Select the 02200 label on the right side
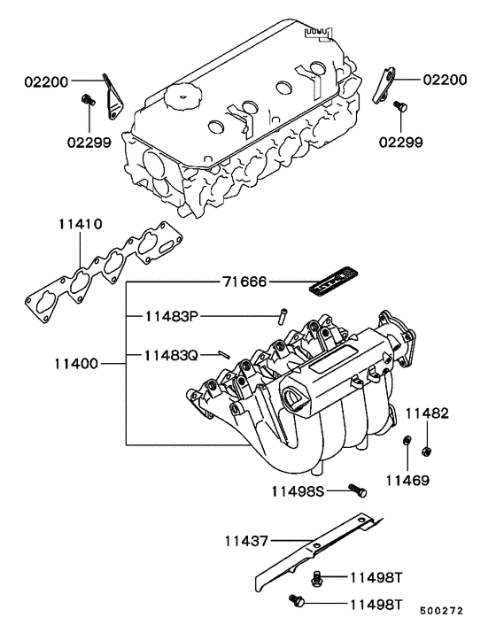(446, 80)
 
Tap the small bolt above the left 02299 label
(87, 99)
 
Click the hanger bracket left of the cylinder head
(111, 96)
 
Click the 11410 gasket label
(81, 226)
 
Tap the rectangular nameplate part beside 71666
(336, 285)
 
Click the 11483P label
(174, 315)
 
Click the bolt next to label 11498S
(357, 489)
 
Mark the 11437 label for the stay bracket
(245, 538)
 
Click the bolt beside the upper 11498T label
(317, 577)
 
